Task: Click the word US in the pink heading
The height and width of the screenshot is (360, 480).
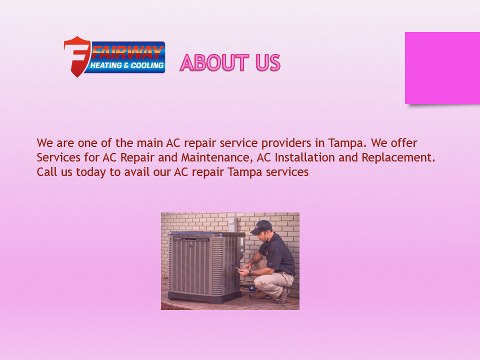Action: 267,63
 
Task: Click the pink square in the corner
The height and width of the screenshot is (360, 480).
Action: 442,67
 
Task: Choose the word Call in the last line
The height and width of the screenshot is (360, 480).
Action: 47,172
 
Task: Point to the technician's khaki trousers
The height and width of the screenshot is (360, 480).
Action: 272,281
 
